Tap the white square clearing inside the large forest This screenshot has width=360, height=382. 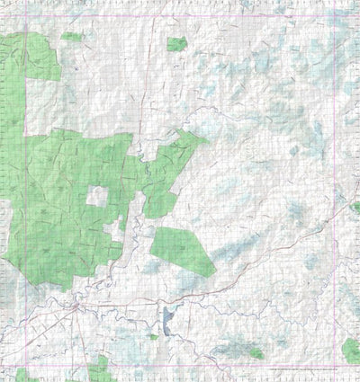[96, 198]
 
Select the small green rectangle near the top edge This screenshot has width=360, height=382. [176, 43]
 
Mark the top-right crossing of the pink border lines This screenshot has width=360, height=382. [334, 17]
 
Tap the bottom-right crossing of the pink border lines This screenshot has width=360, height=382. [334, 369]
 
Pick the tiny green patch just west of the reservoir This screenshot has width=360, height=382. [153, 336]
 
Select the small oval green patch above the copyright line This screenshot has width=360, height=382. [256, 354]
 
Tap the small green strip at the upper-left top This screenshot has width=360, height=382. [72, 37]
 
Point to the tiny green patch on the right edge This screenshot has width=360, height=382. [356, 208]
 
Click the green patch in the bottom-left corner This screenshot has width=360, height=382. [22, 374]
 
